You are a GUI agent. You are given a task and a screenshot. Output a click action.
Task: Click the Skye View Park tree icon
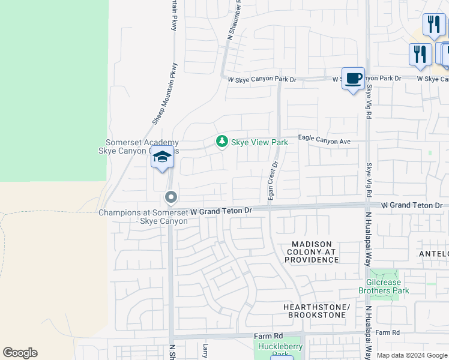click(222, 142)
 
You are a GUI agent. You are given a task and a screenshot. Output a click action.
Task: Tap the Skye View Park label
click(259, 142)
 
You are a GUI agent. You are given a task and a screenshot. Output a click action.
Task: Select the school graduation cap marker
click(162, 158)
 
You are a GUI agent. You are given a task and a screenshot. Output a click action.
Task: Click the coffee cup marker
click(353, 78)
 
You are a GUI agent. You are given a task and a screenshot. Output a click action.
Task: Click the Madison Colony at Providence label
click(312, 252)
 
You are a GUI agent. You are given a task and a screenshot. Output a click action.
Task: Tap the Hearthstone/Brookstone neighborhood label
click(316, 311)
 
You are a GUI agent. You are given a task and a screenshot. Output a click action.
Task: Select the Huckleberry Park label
click(280, 351)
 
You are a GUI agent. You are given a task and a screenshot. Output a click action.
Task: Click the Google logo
click(20, 353)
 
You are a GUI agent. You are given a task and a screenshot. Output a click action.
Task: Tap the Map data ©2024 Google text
click(412, 355)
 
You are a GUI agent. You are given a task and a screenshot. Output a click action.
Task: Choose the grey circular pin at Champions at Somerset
click(171, 197)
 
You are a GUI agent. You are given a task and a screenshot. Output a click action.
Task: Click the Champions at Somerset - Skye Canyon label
click(143, 217)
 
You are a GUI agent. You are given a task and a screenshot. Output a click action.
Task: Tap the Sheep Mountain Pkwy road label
click(165, 94)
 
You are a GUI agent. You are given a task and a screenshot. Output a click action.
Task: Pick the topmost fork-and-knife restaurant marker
click(433, 24)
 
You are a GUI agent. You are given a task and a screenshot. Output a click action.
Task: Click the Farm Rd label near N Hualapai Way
click(387, 332)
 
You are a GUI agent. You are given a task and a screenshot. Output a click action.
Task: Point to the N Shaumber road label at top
click(234, 21)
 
